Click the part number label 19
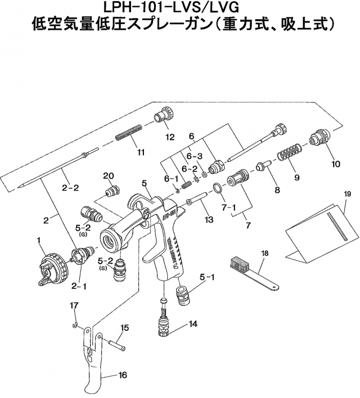click(347, 194)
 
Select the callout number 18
click(264, 254)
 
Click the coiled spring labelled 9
click(289, 152)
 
